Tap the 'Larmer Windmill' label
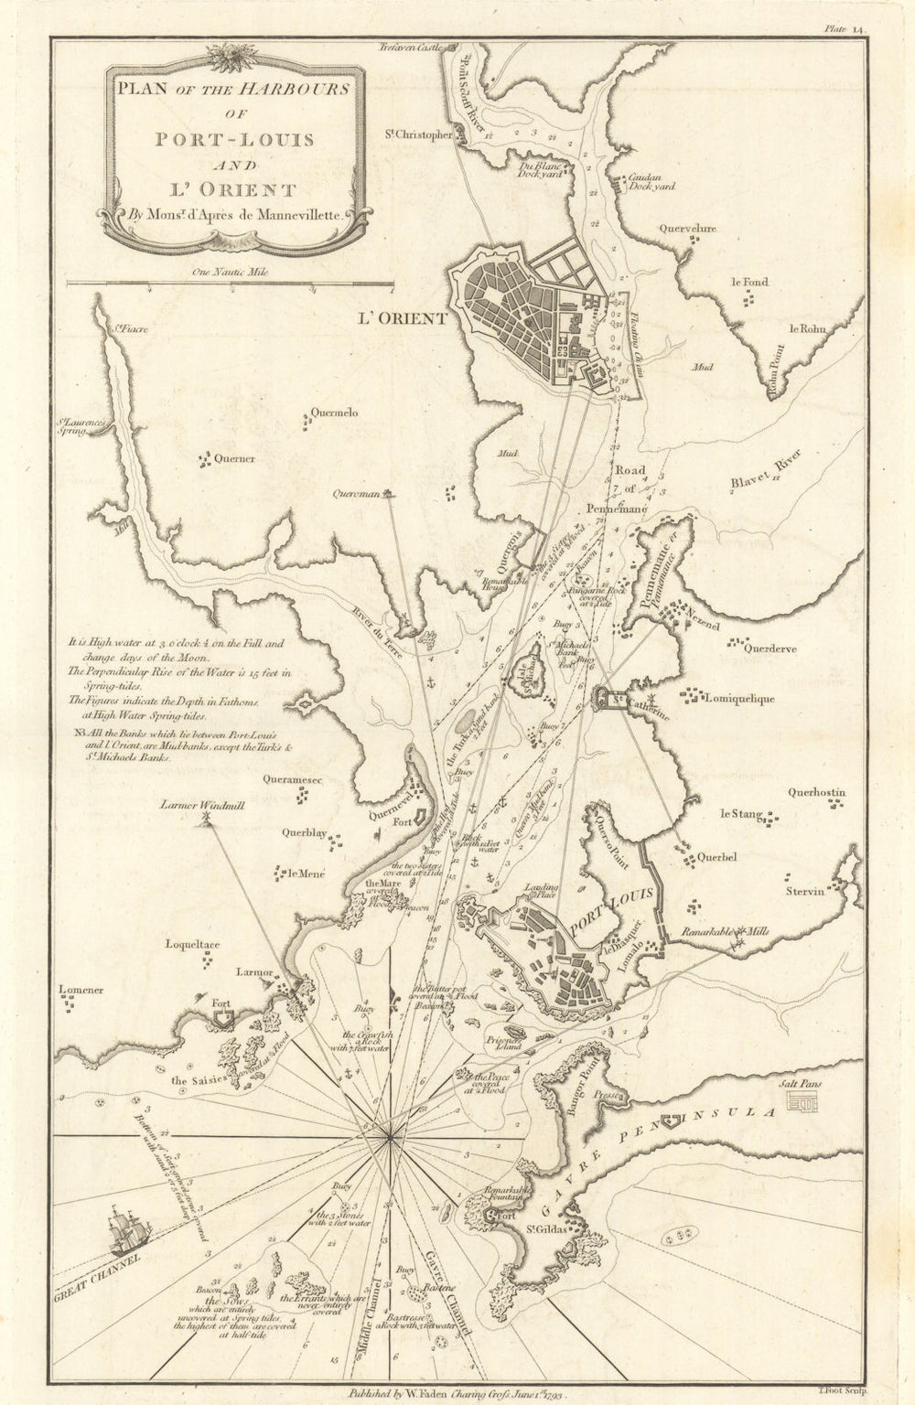[x=196, y=806]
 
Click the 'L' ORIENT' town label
[x=400, y=319]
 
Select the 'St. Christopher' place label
[x=418, y=135]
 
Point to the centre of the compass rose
[x=392, y=1137]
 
